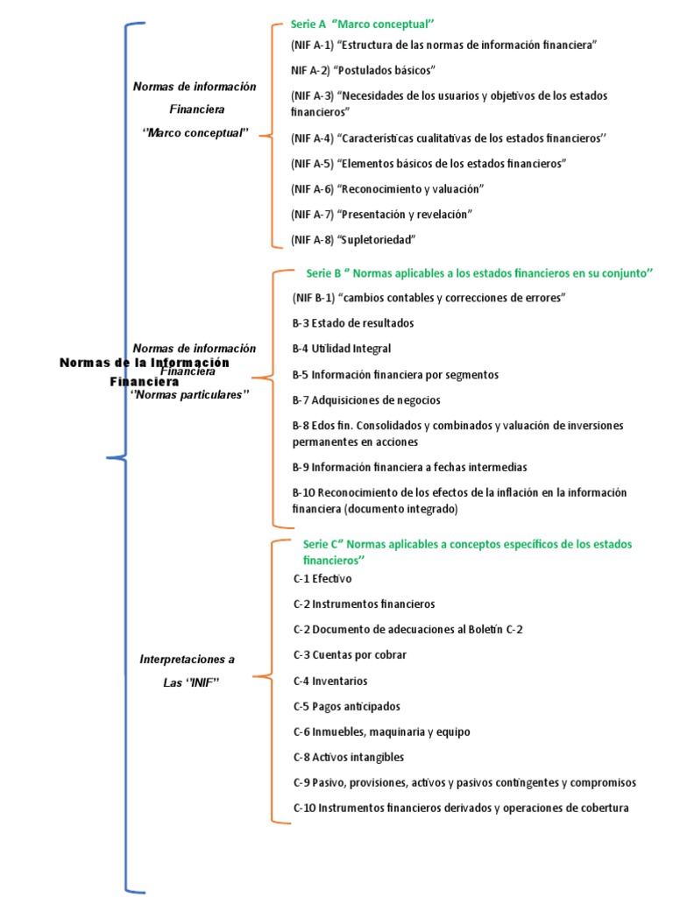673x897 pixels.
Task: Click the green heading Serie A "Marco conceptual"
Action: coord(363,24)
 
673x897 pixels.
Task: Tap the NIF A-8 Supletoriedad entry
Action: coord(353,239)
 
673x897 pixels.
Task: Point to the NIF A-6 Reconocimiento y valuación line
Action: coord(387,188)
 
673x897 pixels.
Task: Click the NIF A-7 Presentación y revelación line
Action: coord(382,214)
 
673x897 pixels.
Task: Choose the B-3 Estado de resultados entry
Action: coord(353,323)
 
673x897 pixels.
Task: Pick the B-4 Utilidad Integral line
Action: coord(342,349)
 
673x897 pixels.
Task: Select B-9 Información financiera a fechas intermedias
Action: coord(410,468)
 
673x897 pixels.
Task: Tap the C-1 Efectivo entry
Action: coord(323,579)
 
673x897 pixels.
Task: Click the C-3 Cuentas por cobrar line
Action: coord(350,655)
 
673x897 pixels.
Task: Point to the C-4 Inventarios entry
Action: coord(330,681)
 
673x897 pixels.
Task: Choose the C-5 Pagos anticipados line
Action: coord(346,706)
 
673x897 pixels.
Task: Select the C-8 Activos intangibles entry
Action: coord(349,757)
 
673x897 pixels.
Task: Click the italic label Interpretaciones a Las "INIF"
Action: coord(188,670)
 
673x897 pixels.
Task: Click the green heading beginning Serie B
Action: coord(480,273)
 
